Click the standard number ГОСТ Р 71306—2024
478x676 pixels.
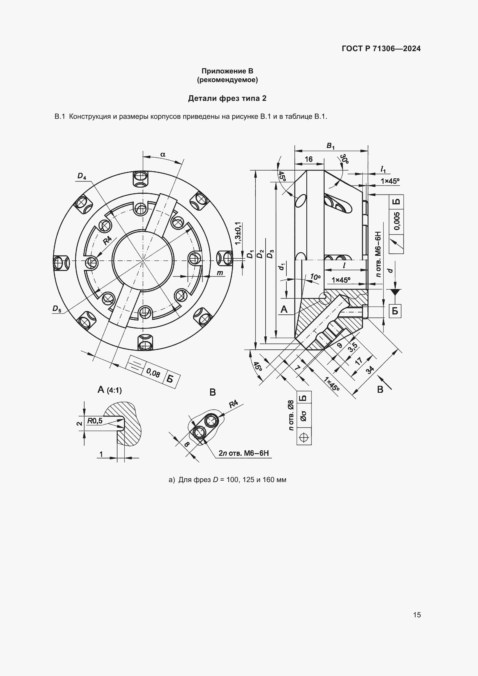(381, 49)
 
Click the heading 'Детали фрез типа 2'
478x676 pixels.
(227, 98)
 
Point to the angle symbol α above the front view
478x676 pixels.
(163, 154)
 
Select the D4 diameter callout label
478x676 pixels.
(82, 176)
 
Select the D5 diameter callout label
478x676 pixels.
(57, 309)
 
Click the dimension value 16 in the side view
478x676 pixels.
(308, 159)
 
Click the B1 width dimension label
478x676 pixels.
(330, 145)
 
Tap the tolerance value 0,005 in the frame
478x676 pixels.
(397, 221)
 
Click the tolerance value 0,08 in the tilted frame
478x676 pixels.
(153, 373)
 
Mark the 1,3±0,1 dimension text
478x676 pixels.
(238, 233)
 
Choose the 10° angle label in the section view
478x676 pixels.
(315, 277)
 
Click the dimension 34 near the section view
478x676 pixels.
(370, 370)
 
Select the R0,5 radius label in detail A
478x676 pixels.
(95, 421)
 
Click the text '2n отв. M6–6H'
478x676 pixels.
(244, 453)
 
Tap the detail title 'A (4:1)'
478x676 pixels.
(110, 390)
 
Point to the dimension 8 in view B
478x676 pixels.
(186, 444)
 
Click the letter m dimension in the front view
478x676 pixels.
(220, 273)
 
